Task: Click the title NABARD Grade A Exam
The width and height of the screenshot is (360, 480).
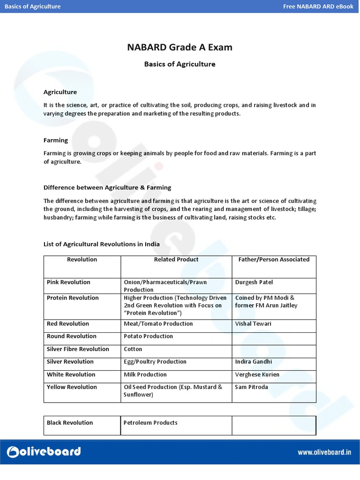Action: click(180, 47)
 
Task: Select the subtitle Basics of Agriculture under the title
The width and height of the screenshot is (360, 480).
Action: click(180, 64)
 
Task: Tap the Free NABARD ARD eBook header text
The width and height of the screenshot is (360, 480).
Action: click(318, 7)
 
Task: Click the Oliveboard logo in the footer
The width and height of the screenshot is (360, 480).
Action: click(44, 451)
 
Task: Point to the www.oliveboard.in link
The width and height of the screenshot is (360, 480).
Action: click(324, 452)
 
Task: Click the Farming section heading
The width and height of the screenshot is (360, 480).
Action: click(56, 140)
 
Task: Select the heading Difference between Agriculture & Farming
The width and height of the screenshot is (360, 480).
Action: click(107, 187)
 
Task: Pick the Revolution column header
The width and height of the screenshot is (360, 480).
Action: click(82, 260)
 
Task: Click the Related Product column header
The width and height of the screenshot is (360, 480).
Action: click(176, 260)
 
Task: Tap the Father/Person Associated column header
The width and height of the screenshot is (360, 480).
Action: click(274, 260)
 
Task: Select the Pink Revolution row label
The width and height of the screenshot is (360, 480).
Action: click(68, 282)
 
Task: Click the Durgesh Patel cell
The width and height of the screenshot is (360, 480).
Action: click(254, 282)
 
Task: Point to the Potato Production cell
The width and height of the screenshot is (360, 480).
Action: click(148, 337)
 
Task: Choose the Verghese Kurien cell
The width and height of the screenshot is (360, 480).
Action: click(257, 375)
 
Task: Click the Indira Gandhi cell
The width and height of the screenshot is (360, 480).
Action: click(254, 362)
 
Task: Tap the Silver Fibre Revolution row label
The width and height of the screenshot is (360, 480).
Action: click(78, 349)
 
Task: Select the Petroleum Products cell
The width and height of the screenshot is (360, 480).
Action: click(150, 423)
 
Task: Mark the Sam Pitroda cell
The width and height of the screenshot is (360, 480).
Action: click(251, 387)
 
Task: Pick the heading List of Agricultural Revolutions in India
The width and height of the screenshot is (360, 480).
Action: click(102, 244)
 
